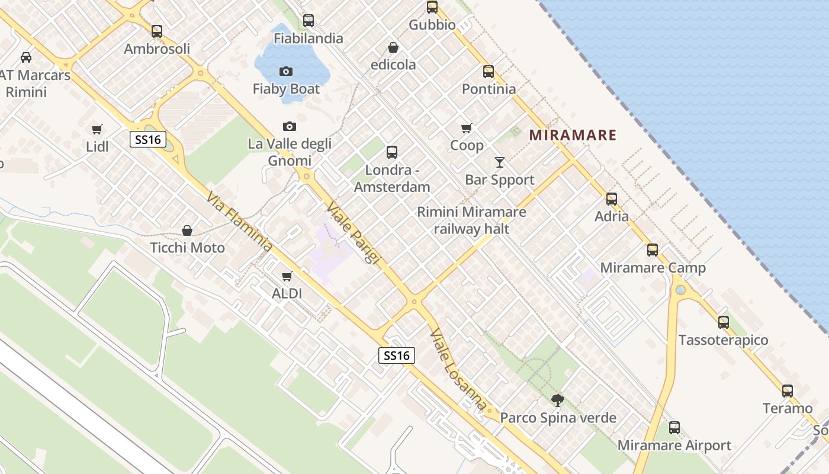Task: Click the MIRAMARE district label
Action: (573, 135)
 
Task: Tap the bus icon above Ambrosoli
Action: (157, 31)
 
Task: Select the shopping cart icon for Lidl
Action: (97, 129)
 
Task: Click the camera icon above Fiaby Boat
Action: (286, 72)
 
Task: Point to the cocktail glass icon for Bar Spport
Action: (500, 162)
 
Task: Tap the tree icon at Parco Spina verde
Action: (557, 401)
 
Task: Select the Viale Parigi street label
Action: (353, 233)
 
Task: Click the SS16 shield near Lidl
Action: (148, 140)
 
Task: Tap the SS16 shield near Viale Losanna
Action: (397, 355)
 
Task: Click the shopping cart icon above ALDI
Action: (287, 276)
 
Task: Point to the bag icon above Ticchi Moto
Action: (187, 230)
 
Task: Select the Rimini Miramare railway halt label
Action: (471, 220)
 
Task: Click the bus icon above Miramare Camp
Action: (653, 250)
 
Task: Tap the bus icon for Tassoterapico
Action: (724, 322)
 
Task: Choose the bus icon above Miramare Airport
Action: (674, 428)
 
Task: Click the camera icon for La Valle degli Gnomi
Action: (290, 126)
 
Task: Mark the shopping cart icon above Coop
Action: (467, 128)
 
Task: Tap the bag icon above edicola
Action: (393, 47)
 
